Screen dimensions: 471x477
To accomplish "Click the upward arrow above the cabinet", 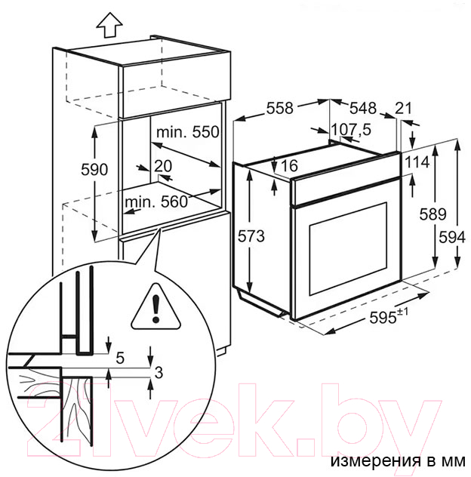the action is click(x=109, y=25).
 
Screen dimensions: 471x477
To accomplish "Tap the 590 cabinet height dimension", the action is click(x=94, y=170).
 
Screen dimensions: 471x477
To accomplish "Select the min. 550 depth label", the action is click(x=188, y=132).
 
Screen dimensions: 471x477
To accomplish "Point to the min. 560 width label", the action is click(x=156, y=202).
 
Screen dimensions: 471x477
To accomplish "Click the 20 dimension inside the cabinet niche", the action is click(x=163, y=166).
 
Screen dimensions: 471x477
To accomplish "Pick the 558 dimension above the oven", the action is click(x=280, y=108).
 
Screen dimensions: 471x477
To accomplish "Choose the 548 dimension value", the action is click(x=363, y=108).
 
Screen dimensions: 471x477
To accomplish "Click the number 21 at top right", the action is click(x=403, y=108).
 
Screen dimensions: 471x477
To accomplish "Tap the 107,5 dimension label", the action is click(x=351, y=130).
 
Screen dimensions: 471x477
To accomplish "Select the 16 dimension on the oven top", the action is click(x=289, y=165).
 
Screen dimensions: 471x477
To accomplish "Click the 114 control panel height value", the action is click(x=417, y=162).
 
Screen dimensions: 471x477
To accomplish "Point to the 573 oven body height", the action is click(x=251, y=236).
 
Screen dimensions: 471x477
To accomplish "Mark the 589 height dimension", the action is click(x=433, y=214).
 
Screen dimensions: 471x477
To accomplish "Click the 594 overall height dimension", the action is click(x=452, y=237).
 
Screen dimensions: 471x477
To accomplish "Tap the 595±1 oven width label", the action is click(x=389, y=317).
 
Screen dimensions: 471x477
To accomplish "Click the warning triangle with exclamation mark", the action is click(x=156, y=306).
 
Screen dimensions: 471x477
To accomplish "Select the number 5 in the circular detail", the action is click(x=120, y=358).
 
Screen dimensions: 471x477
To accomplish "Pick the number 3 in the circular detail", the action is click(x=159, y=372).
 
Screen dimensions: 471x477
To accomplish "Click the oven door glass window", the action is click(x=348, y=249).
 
